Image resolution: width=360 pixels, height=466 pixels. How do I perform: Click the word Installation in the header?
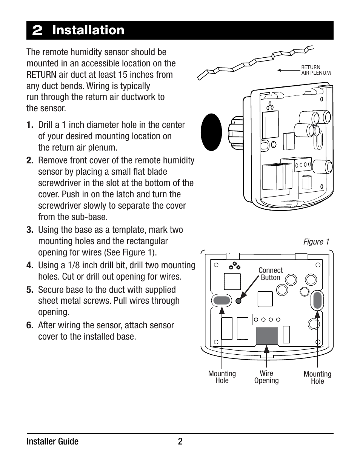[x=88, y=30]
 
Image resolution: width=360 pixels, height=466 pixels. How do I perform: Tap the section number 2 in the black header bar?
[x=37, y=31]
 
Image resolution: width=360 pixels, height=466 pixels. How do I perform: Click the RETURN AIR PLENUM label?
[x=315, y=70]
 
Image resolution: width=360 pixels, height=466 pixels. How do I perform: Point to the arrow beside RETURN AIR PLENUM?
[x=288, y=70]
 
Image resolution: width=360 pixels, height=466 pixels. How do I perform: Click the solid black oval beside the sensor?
[x=211, y=132]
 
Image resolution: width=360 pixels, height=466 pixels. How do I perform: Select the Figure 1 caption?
[x=316, y=242]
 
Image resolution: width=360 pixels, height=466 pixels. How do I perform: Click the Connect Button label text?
[x=270, y=274]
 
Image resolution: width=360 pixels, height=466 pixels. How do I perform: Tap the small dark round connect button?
[x=238, y=301]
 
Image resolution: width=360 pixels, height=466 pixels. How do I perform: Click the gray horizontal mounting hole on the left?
[x=222, y=300]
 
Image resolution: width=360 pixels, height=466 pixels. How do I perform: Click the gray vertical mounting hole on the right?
[x=317, y=301]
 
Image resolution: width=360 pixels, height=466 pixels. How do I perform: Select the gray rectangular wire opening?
[x=267, y=336]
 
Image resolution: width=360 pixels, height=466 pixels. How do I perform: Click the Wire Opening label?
[x=266, y=377]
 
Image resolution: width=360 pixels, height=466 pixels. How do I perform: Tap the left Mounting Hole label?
[x=222, y=377]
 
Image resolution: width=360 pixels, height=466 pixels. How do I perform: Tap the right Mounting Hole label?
[x=317, y=377]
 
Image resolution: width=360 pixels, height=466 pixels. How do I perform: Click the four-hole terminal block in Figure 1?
[x=267, y=320]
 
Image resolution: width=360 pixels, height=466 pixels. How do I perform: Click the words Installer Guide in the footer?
[x=52, y=441]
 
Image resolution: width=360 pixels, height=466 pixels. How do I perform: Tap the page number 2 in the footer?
[x=180, y=441]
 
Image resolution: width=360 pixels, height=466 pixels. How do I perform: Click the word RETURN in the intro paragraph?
[x=42, y=75]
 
